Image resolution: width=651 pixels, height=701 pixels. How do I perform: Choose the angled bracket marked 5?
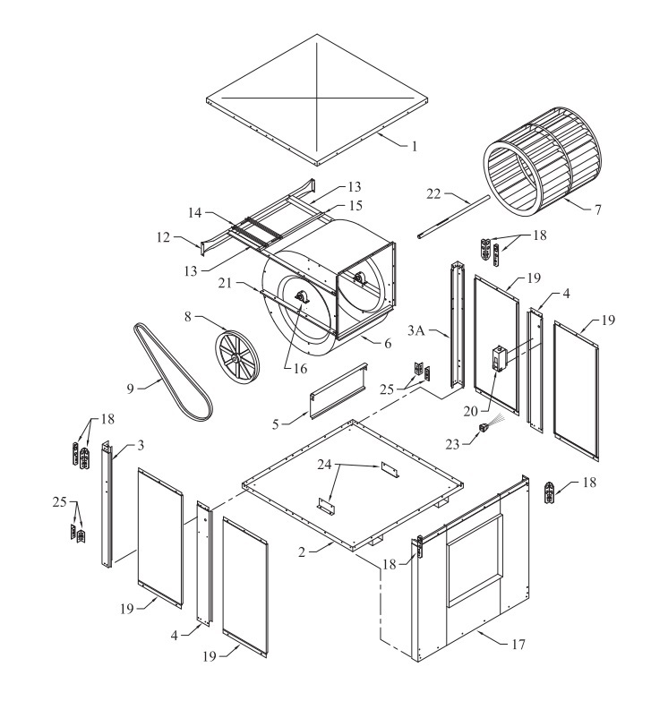(338, 394)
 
